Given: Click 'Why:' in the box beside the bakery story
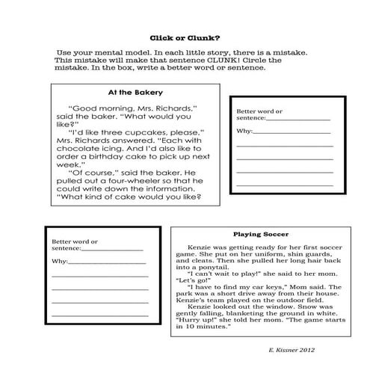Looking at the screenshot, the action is tap(244, 131).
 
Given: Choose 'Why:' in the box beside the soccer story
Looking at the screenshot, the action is tap(60, 262).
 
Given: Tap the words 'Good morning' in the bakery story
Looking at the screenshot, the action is tap(95, 108).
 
